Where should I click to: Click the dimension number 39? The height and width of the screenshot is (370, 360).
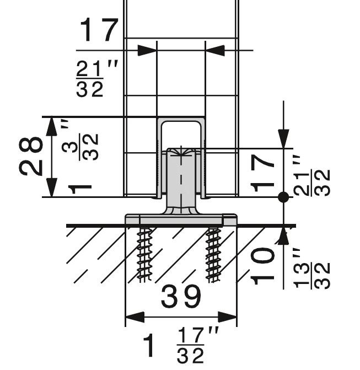coord(181,296)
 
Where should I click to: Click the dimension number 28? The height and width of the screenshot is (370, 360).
coord(31,156)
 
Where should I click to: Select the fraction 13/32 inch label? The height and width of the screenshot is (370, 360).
coord(311,269)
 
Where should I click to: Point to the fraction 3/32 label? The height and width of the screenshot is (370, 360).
coord(80,147)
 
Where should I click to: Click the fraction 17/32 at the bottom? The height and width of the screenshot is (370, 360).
coord(190,345)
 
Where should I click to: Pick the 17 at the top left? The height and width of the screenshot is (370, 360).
coord(99,30)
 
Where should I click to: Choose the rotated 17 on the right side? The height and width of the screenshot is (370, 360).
coord(262,174)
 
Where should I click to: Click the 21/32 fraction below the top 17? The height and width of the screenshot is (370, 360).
coord(90,79)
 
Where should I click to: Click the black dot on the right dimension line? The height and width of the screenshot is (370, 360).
coord(283,197)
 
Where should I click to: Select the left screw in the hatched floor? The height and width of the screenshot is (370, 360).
coord(144,255)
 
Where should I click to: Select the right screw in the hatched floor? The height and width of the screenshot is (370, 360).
coord(213,255)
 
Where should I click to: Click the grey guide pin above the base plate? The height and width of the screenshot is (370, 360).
coord(181,180)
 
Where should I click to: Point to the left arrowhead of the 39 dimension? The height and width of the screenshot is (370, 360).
coord(135,317)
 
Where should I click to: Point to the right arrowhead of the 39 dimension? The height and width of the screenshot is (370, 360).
coord(227,317)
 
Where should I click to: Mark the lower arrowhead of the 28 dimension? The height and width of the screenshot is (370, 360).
coord(51,187)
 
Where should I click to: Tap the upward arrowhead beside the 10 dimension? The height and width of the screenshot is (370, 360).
coord(283,235)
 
